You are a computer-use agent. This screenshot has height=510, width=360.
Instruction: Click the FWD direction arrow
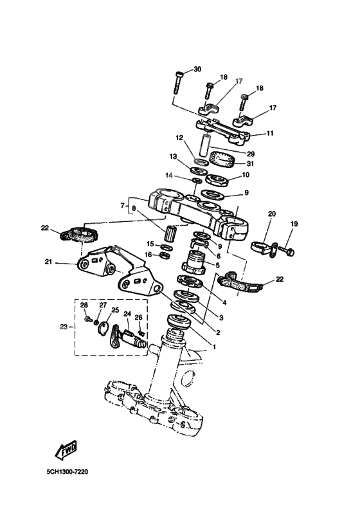[66, 453]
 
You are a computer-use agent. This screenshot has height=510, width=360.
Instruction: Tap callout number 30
[197, 69]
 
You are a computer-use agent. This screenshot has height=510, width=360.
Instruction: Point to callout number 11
[270, 133]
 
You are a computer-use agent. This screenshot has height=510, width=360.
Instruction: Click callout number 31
[250, 163]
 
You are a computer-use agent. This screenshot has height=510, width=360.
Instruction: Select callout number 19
[294, 224]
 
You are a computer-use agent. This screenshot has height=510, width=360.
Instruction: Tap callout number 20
[271, 214]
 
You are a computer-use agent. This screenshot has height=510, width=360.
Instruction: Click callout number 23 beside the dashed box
[63, 327]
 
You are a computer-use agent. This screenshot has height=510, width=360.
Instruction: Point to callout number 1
[213, 346]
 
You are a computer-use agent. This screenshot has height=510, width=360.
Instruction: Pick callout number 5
[217, 264]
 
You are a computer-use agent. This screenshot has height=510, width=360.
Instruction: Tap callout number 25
[115, 310]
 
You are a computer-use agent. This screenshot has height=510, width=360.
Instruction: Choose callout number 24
[127, 315]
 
